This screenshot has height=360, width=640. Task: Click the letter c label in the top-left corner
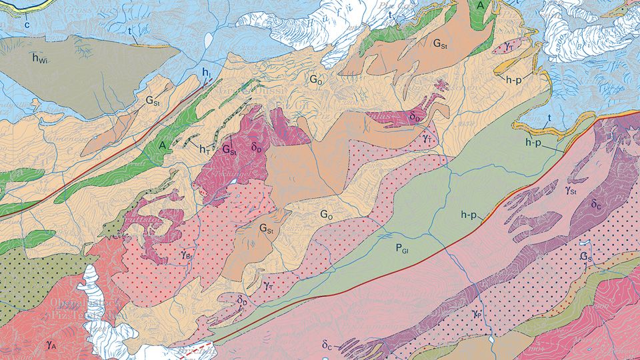tap(27, 26)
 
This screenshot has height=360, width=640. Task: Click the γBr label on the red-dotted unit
tap(187, 254)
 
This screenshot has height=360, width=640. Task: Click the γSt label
tap(571, 190)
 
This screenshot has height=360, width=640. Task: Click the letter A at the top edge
tap(480, 5)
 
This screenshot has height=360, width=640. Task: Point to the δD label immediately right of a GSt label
tap(258, 148)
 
